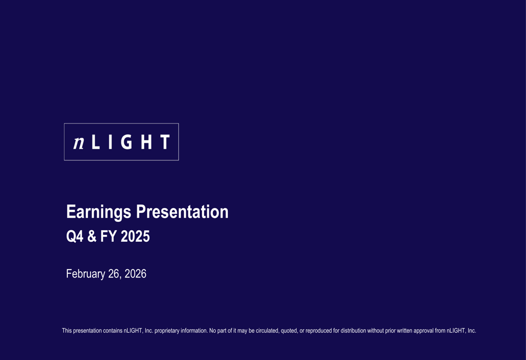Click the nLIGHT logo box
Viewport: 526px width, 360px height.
click(121, 142)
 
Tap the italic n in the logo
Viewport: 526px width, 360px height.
click(79, 142)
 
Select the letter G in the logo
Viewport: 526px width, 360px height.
click(126, 142)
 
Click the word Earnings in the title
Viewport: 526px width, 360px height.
click(98, 212)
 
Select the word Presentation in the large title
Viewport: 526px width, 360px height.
click(182, 212)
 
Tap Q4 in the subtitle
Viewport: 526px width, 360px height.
click(74, 237)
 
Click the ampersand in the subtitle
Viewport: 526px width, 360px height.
click(92, 237)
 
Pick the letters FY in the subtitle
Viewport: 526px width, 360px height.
click(108, 237)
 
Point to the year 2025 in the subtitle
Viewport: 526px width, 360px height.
click(135, 237)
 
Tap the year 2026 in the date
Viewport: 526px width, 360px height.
click(136, 274)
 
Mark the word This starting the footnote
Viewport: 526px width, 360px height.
click(67, 331)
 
